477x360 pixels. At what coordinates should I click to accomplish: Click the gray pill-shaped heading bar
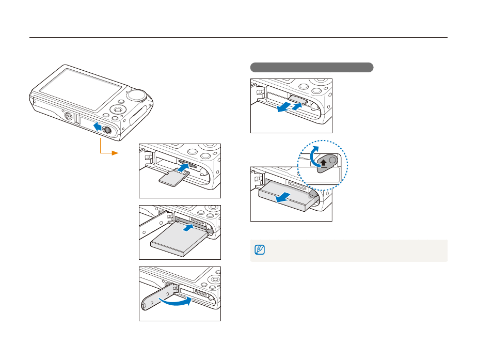311,67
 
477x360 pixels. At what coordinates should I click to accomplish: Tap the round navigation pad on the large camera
119,109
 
